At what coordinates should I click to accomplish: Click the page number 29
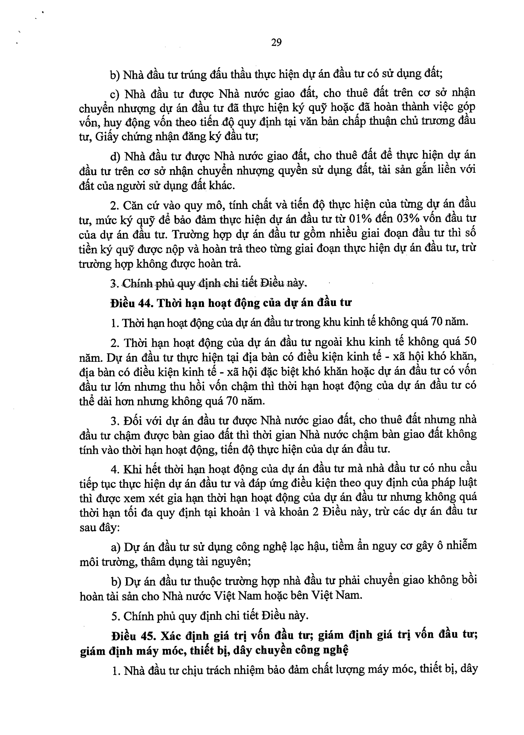(x=276, y=42)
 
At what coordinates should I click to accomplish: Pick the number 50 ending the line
(x=470, y=342)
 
